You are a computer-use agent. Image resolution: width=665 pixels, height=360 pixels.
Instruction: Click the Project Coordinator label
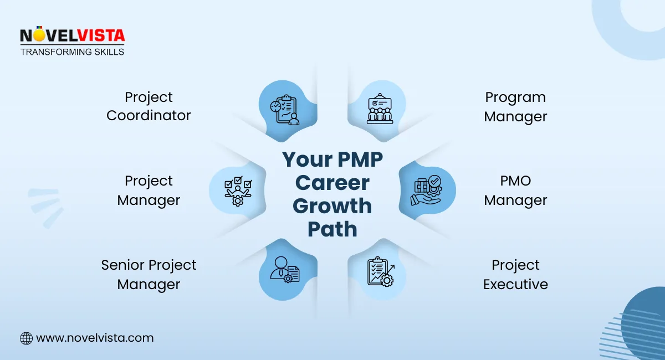(x=149, y=106)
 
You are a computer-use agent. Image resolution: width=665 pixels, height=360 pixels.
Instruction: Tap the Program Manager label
(x=515, y=107)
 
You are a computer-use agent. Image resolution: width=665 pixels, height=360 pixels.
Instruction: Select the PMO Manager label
(x=515, y=190)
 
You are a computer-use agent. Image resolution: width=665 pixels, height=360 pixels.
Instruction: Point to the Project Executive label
(x=515, y=275)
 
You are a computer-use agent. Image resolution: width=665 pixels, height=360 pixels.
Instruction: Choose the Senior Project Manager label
(x=149, y=275)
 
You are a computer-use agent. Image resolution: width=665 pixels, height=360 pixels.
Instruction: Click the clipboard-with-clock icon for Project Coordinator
(x=285, y=110)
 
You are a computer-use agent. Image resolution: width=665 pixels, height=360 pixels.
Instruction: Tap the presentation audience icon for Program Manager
(x=380, y=109)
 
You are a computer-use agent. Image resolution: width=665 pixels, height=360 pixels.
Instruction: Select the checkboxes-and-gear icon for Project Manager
(x=238, y=191)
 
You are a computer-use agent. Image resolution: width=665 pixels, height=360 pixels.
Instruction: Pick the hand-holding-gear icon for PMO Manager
(x=427, y=190)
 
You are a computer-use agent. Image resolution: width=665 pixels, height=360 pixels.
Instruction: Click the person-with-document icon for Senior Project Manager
(x=285, y=270)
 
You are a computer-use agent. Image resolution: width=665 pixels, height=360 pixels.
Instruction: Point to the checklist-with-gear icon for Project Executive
(x=381, y=271)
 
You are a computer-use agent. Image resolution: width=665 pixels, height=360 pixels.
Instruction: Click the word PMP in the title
(x=360, y=160)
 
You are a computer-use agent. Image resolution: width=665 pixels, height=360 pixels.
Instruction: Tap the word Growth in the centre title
(x=332, y=206)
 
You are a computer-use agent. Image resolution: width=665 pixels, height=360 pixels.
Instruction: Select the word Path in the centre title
(x=332, y=229)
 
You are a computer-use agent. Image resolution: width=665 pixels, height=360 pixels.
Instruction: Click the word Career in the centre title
(x=332, y=183)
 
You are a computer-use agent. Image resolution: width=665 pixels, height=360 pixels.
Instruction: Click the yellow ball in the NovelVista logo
(x=38, y=35)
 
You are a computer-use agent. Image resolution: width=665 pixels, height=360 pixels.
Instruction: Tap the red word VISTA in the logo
(x=101, y=35)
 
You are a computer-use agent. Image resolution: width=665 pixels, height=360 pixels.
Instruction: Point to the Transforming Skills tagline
(x=72, y=52)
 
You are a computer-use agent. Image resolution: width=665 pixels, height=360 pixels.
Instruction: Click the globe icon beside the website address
(x=26, y=338)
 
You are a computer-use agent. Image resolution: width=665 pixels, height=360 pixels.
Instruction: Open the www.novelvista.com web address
(x=95, y=338)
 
